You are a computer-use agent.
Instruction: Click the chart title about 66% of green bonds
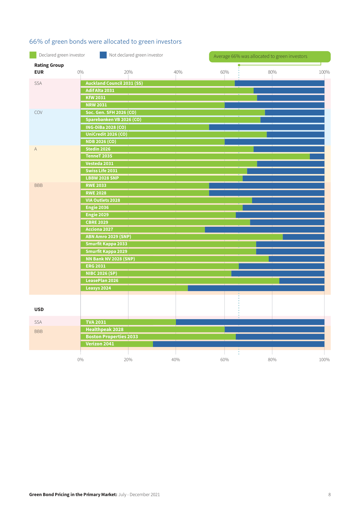(x=105, y=41)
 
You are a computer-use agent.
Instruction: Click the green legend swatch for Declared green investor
(x=33, y=55)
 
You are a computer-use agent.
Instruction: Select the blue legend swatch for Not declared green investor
(x=103, y=55)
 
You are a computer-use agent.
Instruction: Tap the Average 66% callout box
(x=269, y=57)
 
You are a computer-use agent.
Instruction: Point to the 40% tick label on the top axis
(x=178, y=72)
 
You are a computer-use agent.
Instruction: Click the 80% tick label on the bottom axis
(x=272, y=360)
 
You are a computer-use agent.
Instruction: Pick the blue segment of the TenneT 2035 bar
(x=317, y=156)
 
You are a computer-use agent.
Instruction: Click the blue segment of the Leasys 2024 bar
(x=256, y=288)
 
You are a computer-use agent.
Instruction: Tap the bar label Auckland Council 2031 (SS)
(x=114, y=83)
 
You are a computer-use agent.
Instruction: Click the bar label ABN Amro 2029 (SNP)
(x=108, y=237)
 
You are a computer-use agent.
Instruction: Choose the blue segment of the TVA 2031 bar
(x=250, y=322)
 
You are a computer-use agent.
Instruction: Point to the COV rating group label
(x=38, y=112)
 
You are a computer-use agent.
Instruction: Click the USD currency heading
(x=39, y=310)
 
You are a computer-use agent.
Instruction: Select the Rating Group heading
(x=49, y=65)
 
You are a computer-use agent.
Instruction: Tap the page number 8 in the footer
(x=329, y=494)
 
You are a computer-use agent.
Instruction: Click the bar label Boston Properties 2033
(x=112, y=337)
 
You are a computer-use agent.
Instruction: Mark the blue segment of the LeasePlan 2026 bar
(x=302, y=281)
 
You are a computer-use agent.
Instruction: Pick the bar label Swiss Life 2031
(x=101, y=171)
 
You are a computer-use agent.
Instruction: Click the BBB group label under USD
(x=38, y=332)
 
